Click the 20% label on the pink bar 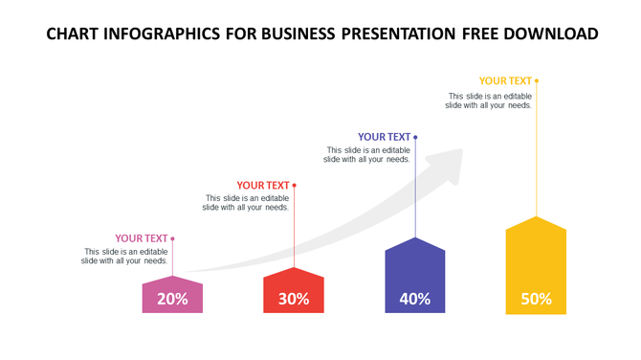pos(172,299)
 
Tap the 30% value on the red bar pos(294,299)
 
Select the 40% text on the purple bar pos(415,299)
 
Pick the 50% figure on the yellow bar pos(536,299)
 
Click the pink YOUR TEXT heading pos(142,238)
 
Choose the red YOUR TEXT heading pos(263,186)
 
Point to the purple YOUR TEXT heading pos(384,137)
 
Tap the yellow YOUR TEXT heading pos(505,81)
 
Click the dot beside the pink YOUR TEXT pos(173,238)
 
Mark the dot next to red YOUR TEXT pos(295,186)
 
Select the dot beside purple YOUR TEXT pos(415,137)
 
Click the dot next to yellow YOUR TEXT pos(537,81)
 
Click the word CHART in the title pos(76,34)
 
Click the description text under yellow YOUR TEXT pos(489,101)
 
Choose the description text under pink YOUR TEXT pos(125,256)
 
